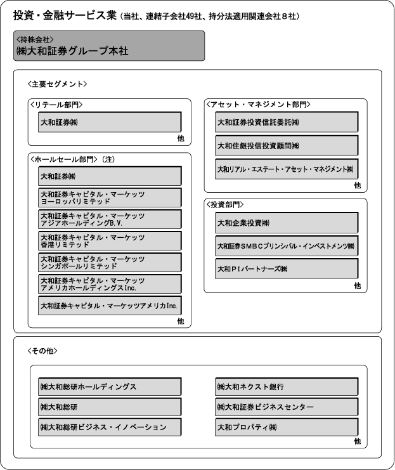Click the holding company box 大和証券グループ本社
coord(108,46)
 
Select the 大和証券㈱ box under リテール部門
coord(109,122)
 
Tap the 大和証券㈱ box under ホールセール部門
coord(109,176)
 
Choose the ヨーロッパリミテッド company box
coord(109,197)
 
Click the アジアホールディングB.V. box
coord(109,219)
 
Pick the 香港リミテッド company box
coord(109,241)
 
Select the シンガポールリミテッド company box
coord(109,263)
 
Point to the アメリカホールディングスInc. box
coord(109,284)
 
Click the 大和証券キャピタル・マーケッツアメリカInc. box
coord(109,306)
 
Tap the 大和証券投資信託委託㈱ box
coord(286,122)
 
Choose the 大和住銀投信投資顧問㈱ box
coord(286,145)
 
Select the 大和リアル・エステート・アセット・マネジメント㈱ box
coord(286,169)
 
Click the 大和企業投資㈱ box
coord(286,223)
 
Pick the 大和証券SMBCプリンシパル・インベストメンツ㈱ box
coord(286,245)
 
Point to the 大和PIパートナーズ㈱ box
coord(286,269)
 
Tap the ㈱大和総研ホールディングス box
coord(109,386)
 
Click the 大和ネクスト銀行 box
coord(286,386)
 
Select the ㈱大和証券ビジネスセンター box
coord(286,407)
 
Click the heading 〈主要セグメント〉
coord(58,84)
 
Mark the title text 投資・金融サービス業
coord(64,16)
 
